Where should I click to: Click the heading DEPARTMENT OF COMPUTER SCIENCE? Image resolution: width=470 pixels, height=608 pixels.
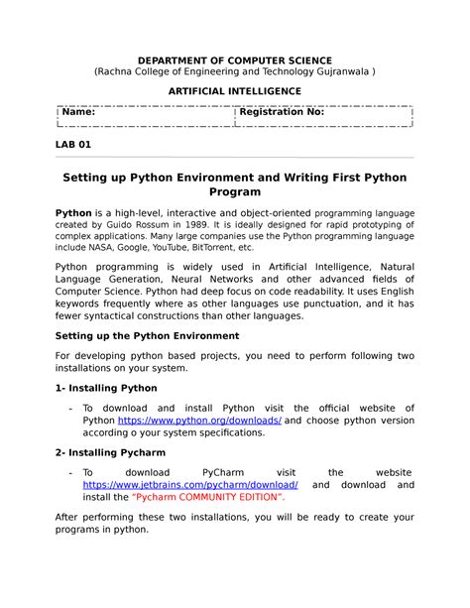pyautogui.click(x=235, y=61)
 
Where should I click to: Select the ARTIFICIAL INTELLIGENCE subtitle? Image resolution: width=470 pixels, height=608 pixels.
pyautogui.click(x=234, y=90)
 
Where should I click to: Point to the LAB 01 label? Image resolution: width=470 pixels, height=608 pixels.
pyautogui.click(x=72, y=145)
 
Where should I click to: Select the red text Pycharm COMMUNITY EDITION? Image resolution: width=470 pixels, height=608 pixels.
pyautogui.click(x=207, y=499)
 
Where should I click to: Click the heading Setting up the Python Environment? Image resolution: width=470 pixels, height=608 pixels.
pyautogui.click(x=147, y=335)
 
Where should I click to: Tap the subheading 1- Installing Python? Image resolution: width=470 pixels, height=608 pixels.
pyautogui.click(x=105, y=388)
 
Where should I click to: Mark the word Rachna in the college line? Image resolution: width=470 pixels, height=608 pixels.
pyautogui.click(x=119, y=72)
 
